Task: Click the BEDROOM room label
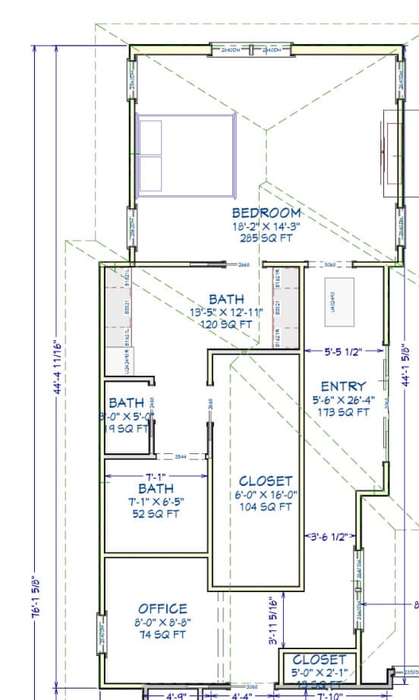click(266, 213)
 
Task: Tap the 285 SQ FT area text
click(266, 238)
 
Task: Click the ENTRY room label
click(343, 386)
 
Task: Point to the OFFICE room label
click(162, 609)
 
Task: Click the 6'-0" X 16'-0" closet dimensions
click(266, 494)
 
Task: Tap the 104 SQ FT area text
click(266, 507)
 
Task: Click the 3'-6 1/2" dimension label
click(329, 537)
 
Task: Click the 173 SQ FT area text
click(343, 412)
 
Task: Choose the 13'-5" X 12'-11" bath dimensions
click(227, 312)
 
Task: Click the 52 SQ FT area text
click(156, 514)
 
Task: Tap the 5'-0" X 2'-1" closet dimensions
click(319, 673)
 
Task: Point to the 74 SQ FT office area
click(162, 635)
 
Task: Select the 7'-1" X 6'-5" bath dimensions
click(156, 502)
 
